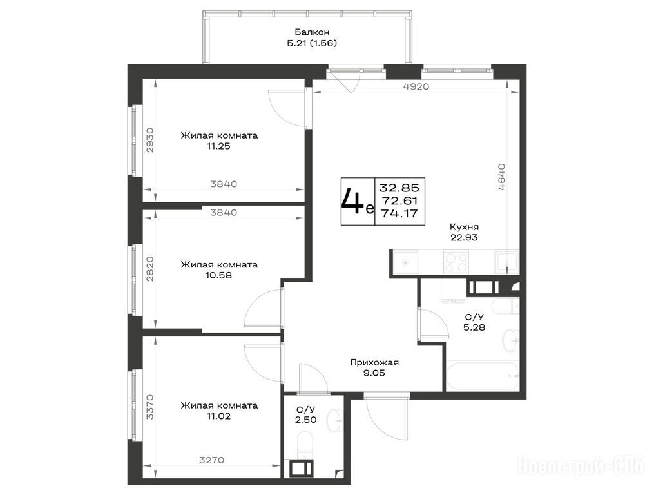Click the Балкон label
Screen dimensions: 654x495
point(312,32)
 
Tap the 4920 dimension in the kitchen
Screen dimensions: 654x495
point(416,86)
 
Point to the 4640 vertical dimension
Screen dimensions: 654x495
point(502,177)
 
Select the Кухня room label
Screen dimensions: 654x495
point(464,227)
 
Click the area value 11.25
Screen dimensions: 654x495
point(218,146)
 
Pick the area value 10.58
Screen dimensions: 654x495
point(218,275)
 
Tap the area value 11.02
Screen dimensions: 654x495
point(218,416)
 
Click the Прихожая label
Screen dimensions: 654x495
point(374,363)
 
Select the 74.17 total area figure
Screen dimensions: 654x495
point(399,213)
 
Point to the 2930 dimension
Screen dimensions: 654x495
point(150,140)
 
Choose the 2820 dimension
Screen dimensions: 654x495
point(150,269)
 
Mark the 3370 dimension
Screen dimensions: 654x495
point(150,407)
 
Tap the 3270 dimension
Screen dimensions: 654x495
point(212,460)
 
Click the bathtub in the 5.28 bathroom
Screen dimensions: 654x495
point(483,376)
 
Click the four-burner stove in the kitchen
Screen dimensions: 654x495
point(456,262)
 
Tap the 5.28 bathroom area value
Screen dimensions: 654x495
point(474,327)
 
